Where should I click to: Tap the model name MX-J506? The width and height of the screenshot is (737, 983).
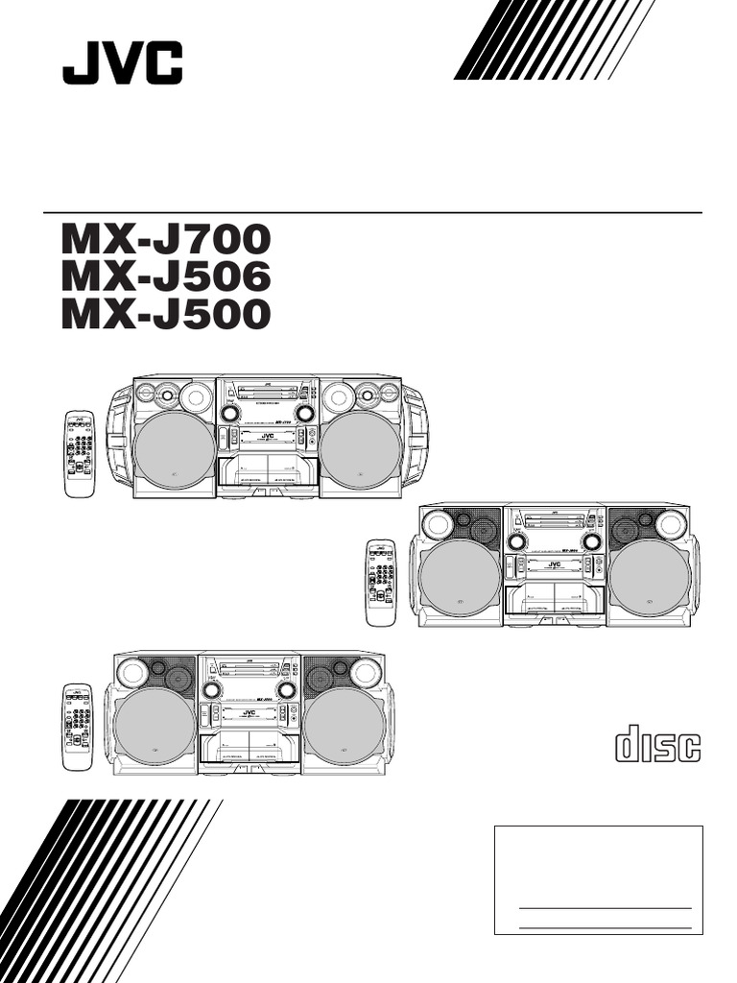pos(166,276)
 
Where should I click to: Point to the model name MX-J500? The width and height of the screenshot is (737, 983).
pos(166,314)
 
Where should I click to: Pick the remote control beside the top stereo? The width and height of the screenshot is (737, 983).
pos(80,454)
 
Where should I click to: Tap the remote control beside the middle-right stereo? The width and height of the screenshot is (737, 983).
pos(381,583)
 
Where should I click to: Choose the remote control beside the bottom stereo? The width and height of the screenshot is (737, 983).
pos(77,726)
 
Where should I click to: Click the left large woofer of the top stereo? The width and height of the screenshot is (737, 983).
pos(175,449)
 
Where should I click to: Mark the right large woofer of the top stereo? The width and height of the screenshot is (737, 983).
pos(360,449)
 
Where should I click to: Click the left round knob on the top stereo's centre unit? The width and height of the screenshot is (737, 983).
pos(229,413)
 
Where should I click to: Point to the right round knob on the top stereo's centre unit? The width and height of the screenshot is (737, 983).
pos(305,413)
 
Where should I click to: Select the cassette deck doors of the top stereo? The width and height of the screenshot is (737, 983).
pos(267,472)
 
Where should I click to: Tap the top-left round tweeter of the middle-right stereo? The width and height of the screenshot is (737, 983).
pos(438,524)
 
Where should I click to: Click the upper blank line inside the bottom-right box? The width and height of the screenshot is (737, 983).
pos(605,907)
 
